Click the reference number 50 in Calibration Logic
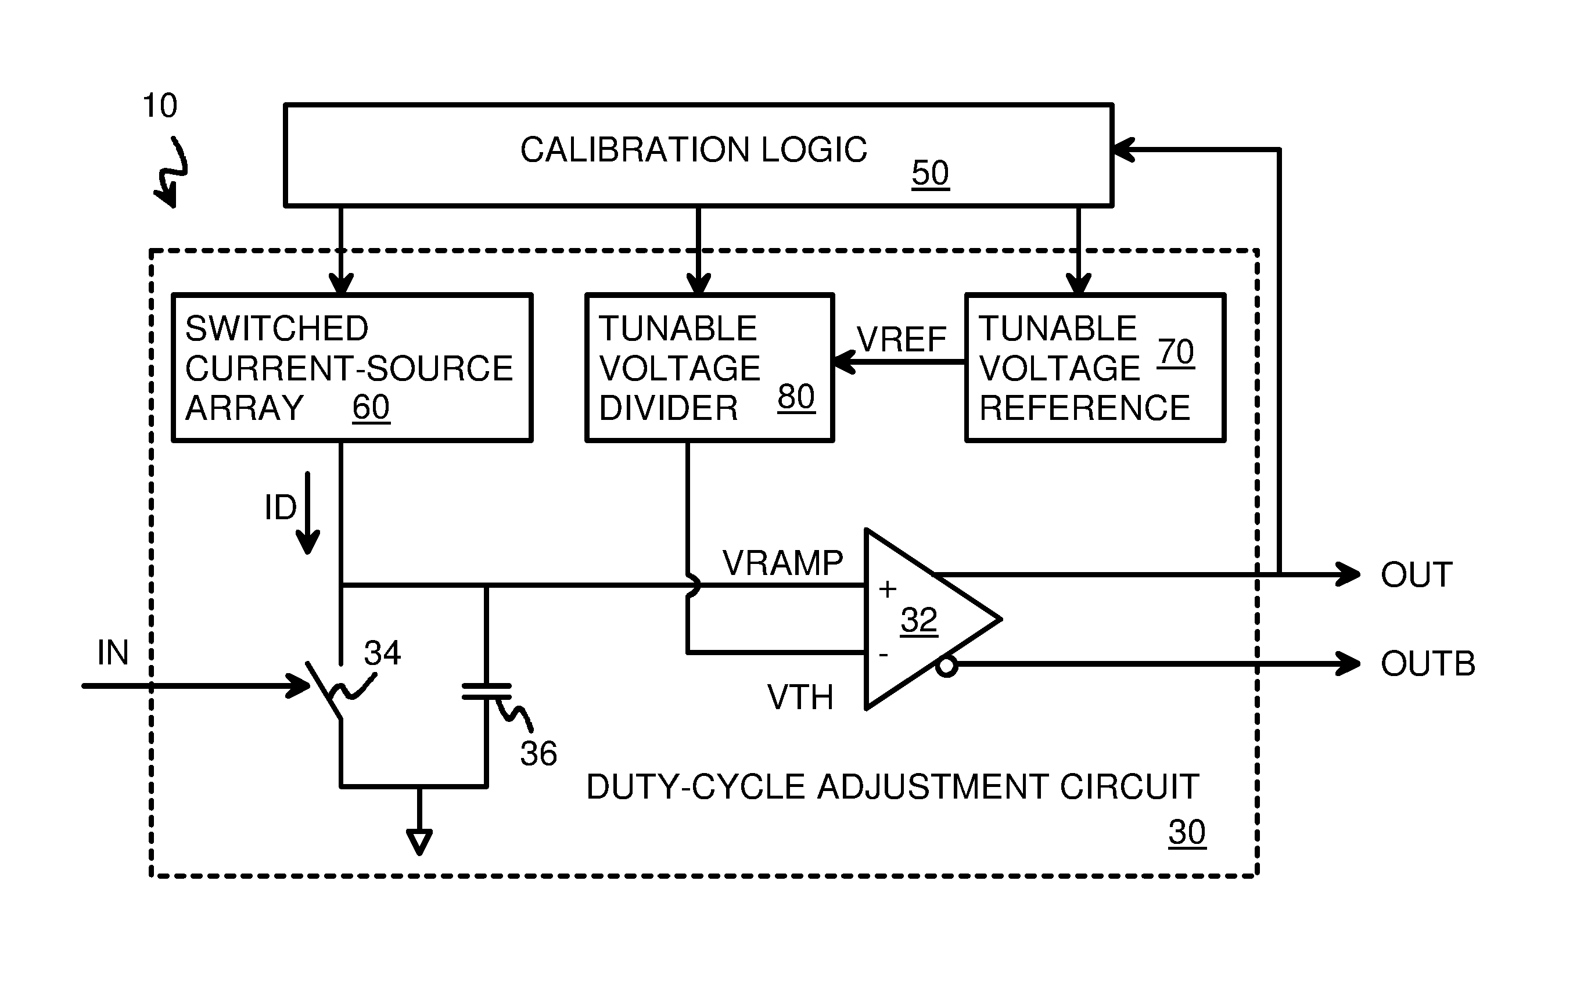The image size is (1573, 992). pos(929,173)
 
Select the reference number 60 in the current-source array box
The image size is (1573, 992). pos(371,408)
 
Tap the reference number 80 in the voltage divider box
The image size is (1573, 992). pos(796,397)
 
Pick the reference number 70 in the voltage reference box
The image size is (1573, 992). pos(1175,352)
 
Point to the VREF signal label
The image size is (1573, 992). pos(901,340)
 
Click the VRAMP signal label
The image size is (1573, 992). pos(782,563)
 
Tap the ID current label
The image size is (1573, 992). pos(280,508)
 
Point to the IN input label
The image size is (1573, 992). pos(113,652)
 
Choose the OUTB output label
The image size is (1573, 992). pos(1427,664)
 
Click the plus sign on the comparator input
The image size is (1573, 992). pos(887,589)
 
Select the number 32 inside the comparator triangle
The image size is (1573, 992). pos(918,620)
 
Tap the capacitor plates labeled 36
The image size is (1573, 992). pos(487,692)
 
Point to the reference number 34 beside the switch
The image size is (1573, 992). pos(382,652)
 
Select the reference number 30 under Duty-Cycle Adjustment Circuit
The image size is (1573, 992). pos(1186,832)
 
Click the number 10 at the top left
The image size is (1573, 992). pos(159,106)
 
